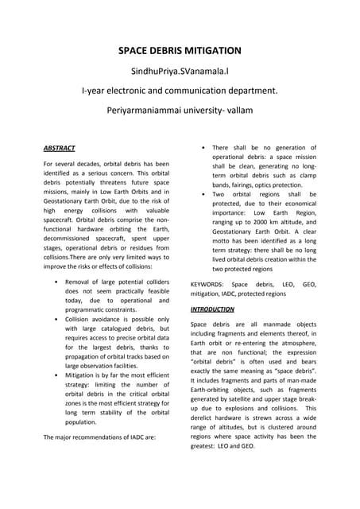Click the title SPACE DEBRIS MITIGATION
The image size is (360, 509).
click(180, 51)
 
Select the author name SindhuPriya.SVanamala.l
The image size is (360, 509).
click(180, 71)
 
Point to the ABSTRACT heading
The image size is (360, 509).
click(59, 149)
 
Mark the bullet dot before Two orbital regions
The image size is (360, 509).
click(205, 194)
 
